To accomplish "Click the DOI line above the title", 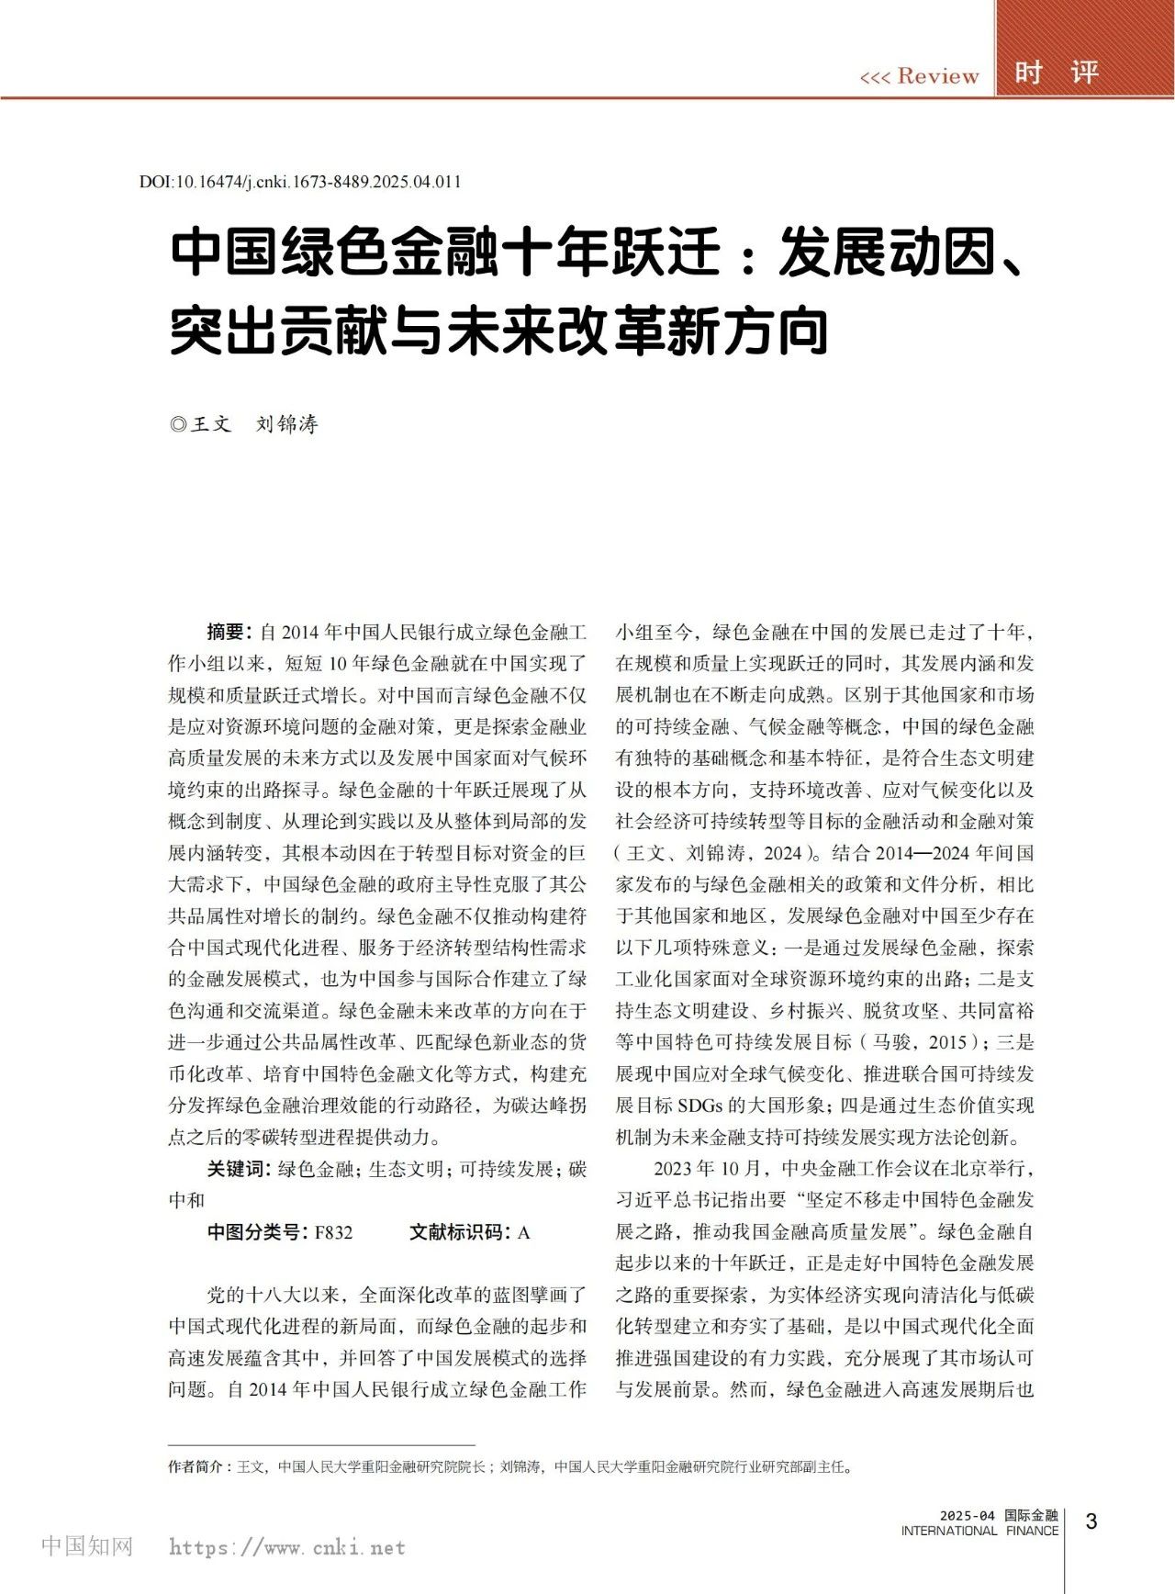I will click(x=300, y=182).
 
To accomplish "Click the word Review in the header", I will click(x=937, y=75).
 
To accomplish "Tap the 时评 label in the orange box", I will click(x=1057, y=73).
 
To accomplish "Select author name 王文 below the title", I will click(x=211, y=424).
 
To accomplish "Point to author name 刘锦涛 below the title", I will click(x=287, y=424).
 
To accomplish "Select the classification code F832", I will click(x=333, y=1232).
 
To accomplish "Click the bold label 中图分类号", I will click(x=256, y=1232).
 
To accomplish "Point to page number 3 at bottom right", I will click(x=1091, y=1521).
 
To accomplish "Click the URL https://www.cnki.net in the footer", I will click(x=287, y=1547).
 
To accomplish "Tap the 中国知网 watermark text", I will click(x=87, y=1546).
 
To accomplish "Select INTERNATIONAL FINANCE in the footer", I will click(x=979, y=1531).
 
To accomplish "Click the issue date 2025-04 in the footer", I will click(x=967, y=1516).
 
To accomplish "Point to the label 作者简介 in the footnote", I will click(x=196, y=1466).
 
